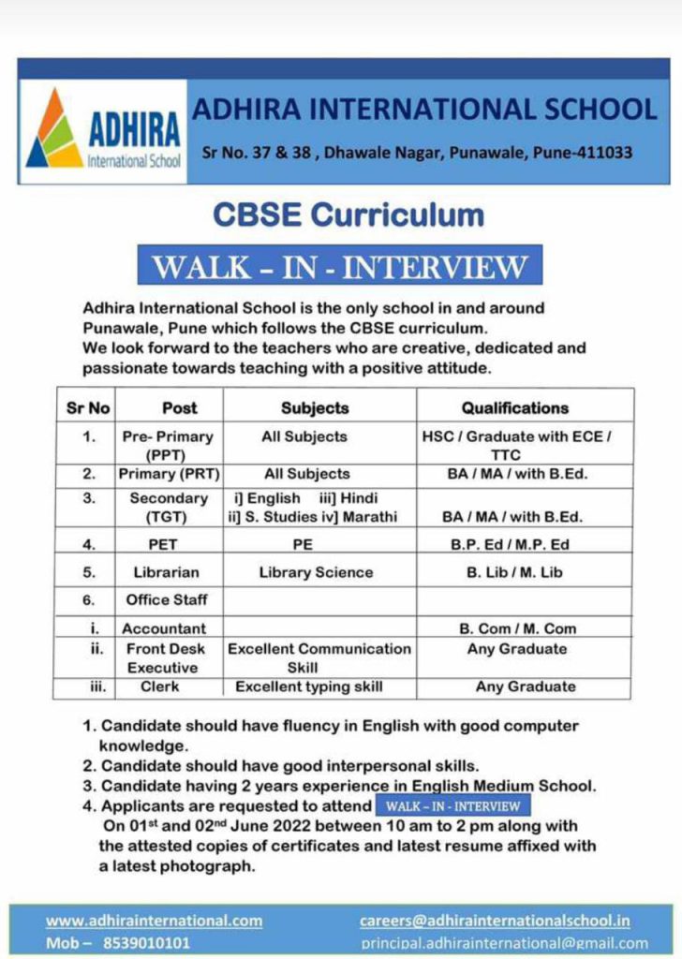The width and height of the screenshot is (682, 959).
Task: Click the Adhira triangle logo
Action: pos(54,128)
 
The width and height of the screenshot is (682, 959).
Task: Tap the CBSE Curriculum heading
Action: pos(348,214)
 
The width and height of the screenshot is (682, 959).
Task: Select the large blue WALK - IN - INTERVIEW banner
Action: pos(340,267)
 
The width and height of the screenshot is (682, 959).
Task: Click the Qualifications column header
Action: pos(514,408)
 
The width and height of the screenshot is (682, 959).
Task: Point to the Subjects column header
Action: pos(315,408)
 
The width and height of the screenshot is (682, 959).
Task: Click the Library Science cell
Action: pos(316,572)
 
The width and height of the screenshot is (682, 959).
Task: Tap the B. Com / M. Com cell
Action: pos(517,628)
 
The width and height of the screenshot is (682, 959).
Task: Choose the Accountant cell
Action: pos(164,628)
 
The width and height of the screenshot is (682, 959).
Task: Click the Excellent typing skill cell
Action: pos(309,686)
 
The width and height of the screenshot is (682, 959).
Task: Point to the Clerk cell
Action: pos(160,686)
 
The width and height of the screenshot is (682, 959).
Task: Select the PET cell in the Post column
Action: pos(162,543)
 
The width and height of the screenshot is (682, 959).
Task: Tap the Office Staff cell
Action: pos(167,599)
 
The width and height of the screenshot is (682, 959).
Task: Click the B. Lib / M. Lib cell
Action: pos(514,572)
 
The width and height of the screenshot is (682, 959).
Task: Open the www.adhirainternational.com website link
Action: pos(154,921)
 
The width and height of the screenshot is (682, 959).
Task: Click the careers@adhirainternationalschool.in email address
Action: pos(495,921)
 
